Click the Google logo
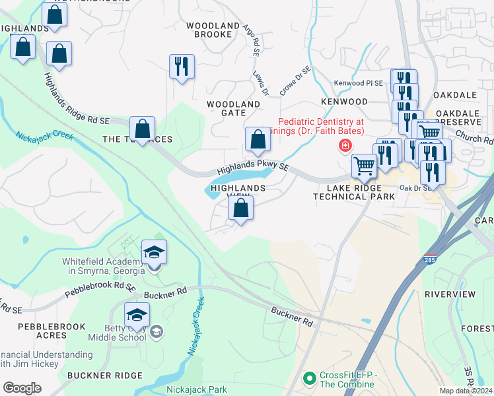[22, 388]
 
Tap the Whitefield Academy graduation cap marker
[154, 253]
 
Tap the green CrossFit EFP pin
[308, 379]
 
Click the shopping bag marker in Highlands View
[240, 209]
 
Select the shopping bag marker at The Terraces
[142, 129]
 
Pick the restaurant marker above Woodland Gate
[182, 67]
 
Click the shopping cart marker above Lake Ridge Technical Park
[364, 166]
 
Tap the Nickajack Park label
[197, 389]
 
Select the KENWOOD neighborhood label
[343, 102]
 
